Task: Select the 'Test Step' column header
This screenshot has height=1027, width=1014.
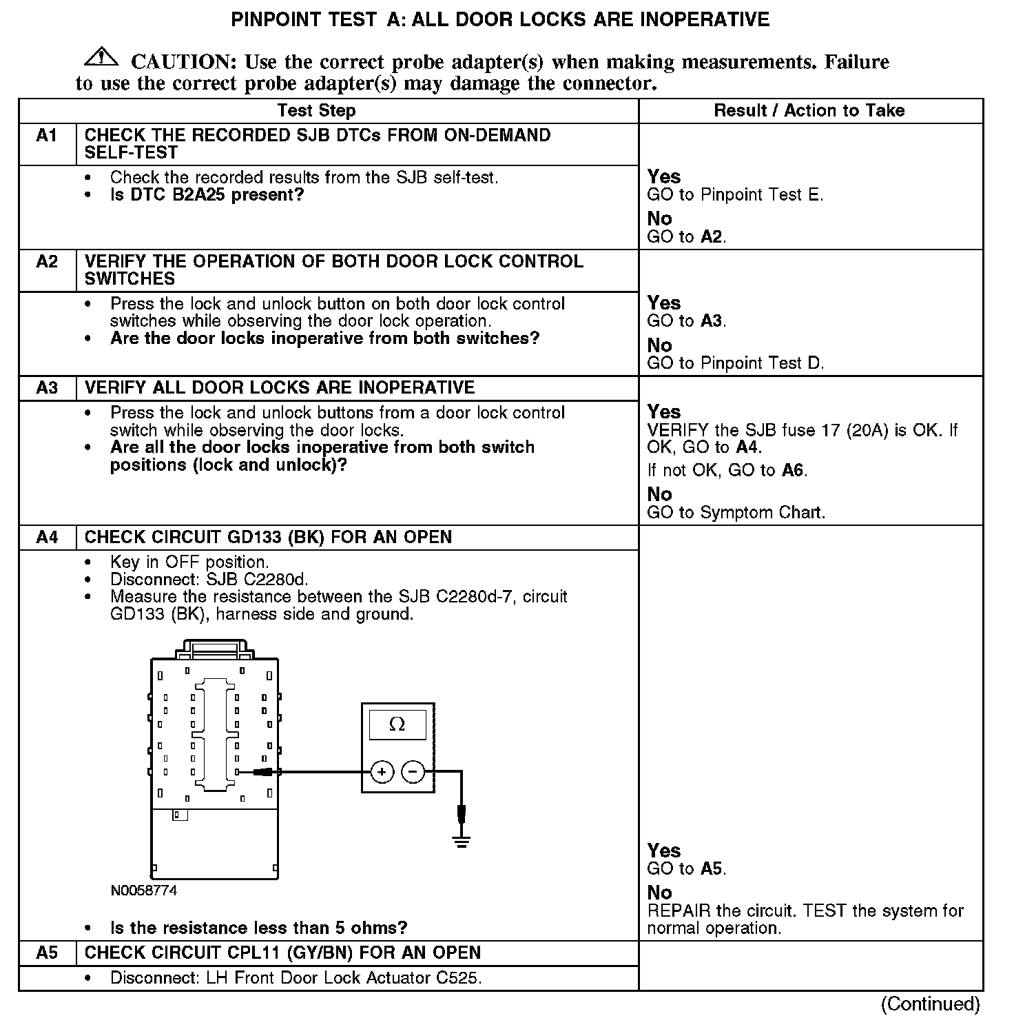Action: click(316, 111)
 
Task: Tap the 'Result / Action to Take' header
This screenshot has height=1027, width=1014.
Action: click(809, 111)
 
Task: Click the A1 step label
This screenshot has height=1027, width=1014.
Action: click(47, 136)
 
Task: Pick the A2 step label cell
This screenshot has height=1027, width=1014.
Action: click(47, 262)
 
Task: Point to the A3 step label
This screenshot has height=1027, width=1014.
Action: click(47, 388)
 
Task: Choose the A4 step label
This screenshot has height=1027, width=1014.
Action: click(47, 538)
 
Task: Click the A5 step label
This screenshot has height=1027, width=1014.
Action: click(47, 953)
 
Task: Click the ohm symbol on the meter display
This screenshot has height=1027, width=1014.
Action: click(397, 724)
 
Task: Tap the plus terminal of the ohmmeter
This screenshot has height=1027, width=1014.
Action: click(382, 772)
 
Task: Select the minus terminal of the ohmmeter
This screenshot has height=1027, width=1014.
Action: click(413, 772)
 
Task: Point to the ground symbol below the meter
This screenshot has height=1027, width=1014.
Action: click(462, 841)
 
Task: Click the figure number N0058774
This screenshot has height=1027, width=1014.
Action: click(143, 891)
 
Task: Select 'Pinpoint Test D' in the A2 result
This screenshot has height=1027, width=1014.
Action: click(762, 363)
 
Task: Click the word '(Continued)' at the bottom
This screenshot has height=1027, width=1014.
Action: click(930, 1004)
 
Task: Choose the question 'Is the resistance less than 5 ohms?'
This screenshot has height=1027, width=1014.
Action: click(258, 928)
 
